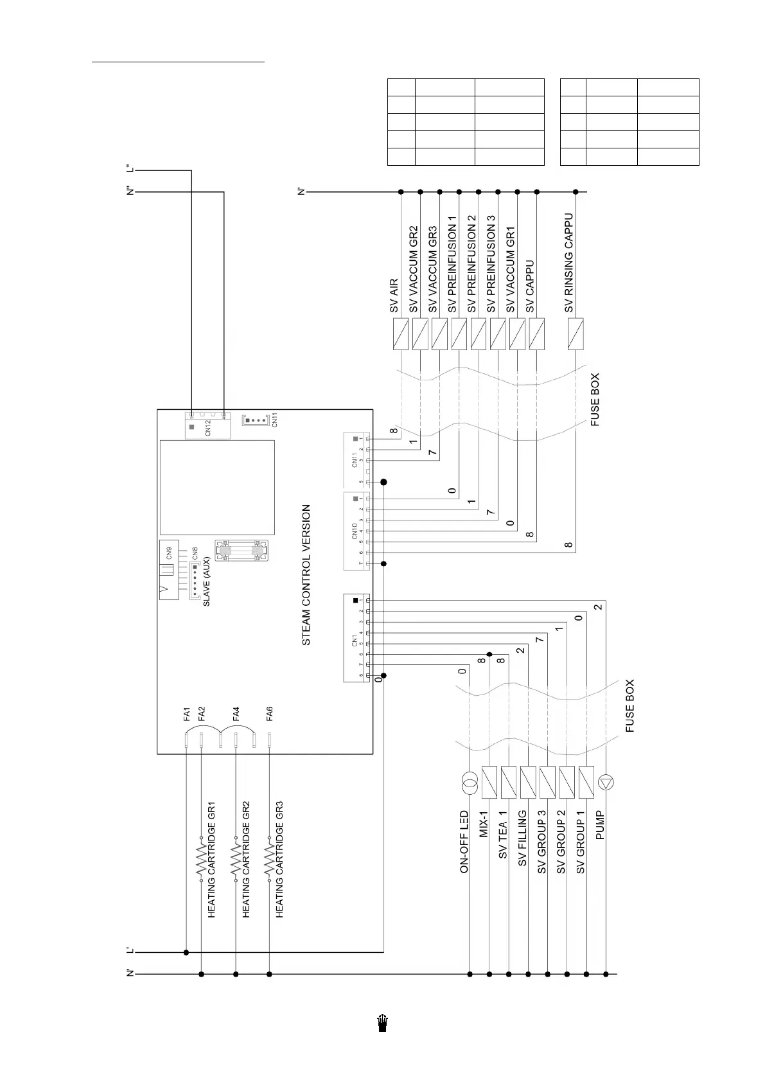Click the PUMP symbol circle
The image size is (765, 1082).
click(x=606, y=782)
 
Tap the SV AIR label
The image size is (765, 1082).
click(x=394, y=296)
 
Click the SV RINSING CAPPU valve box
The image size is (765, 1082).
click(x=576, y=334)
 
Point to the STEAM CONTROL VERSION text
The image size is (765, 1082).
click(x=306, y=574)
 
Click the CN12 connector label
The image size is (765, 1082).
click(x=208, y=429)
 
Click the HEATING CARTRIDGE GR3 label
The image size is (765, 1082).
click(x=279, y=858)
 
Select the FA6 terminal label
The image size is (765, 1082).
click(x=270, y=713)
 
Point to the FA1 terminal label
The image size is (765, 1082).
click(x=187, y=713)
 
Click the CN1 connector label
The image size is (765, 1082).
click(x=354, y=640)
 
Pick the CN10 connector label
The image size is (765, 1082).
click(x=354, y=531)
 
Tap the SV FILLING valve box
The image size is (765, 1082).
click(x=528, y=782)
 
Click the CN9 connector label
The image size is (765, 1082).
click(x=169, y=552)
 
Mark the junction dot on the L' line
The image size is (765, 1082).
click(x=186, y=952)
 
